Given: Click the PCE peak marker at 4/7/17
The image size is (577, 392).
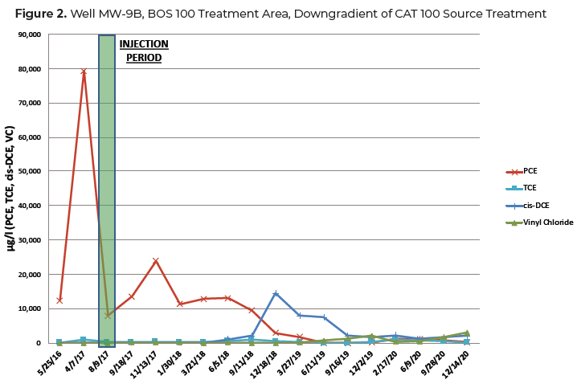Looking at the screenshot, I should click(x=83, y=71).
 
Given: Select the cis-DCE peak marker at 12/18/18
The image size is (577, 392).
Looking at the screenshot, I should click(x=276, y=293).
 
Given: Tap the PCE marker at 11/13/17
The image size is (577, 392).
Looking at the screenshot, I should click(x=155, y=261).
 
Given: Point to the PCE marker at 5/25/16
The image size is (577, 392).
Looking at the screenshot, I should click(x=59, y=300).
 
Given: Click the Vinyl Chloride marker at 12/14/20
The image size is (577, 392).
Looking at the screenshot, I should click(x=467, y=333).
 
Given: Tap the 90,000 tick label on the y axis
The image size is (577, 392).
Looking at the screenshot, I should click(x=31, y=35).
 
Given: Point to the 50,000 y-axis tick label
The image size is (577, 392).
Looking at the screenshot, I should click(x=31, y=172).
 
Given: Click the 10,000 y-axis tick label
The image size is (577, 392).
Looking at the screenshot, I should click(x=31, y=308).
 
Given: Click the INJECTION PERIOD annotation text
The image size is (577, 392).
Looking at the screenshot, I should click(x=145, y=51).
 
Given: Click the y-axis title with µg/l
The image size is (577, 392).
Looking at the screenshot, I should click(x=10, y=188).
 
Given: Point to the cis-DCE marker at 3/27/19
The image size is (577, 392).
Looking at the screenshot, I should click(x=300, y=316).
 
